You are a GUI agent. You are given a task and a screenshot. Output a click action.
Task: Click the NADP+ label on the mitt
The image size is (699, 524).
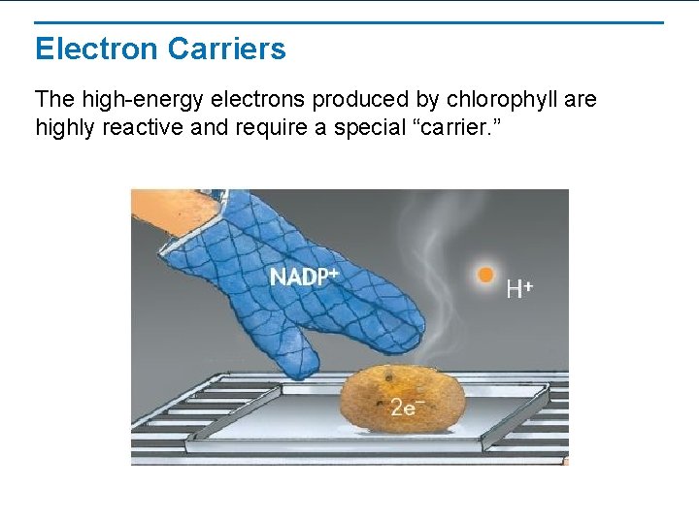click(304, 277)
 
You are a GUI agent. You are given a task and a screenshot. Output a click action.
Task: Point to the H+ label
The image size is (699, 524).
click(520, 288)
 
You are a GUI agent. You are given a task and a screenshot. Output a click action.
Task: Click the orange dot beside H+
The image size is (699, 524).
click(486, 276)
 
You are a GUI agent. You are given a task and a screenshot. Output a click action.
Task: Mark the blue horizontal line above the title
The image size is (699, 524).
click(349, 22)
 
